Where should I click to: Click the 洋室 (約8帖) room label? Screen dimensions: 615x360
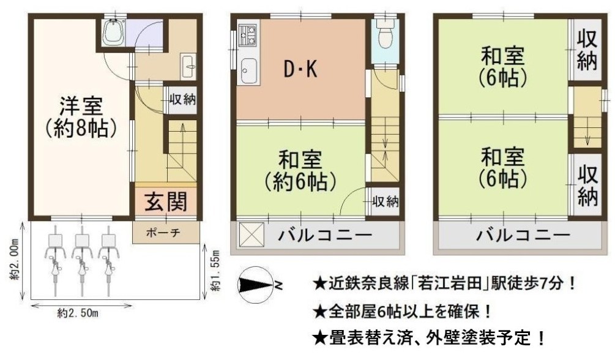pos(81,116)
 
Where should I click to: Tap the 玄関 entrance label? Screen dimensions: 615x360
pos(165,201)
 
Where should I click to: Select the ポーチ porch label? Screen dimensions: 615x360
pos(163,233)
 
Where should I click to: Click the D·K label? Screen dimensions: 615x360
pos(300,69)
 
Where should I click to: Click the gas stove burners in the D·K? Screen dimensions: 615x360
pos(247,34)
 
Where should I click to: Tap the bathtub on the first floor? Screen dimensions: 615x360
pos(113,32)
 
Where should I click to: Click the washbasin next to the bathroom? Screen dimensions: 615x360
pos(188,67)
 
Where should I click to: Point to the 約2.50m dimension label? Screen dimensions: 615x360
pos(78,313)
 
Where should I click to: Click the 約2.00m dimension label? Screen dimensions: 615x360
pos(15,260)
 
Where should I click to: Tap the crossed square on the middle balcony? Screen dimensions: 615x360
pos(252,235)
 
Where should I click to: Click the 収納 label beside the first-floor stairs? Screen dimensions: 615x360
pos(182,99)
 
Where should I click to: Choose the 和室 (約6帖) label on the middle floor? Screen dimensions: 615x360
pos(300,170)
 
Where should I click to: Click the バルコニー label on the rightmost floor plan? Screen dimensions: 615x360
pos(523,235)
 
